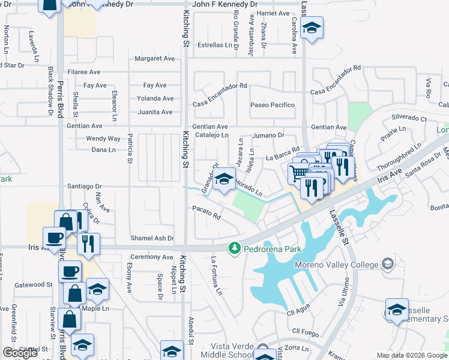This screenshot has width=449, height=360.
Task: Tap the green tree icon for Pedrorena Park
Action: click(x=234, y=248)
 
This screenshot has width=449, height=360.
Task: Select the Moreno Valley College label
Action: click(x=337, y=265)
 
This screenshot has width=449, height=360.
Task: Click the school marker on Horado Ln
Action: click(x=224, y=179)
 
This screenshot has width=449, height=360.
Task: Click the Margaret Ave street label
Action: click(x=154, y=59)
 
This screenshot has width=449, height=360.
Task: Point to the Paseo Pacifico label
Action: click(x=273, y=105)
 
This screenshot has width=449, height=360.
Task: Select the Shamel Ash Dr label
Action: click(x=152, y=238)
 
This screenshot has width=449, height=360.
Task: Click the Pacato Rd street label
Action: click(x=206, y=212)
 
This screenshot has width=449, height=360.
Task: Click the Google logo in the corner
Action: click(x=20, y=353)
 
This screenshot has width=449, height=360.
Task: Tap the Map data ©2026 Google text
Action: click(x=412, y=355)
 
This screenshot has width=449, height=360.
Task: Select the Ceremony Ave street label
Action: click(x=151, y=257)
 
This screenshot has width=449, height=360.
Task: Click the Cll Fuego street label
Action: click(x=304, y=331)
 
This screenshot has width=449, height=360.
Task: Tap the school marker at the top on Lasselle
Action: click(x=312, y=28)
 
